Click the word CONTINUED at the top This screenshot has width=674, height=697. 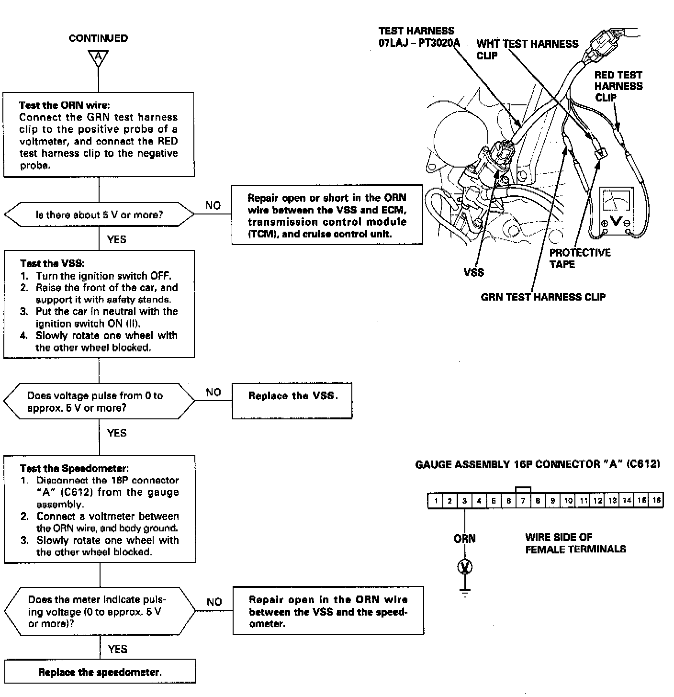(x=98, y=38)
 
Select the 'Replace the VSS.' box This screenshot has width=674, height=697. (x=292, y=401)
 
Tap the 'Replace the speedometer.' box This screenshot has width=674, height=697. (x=100, y=672)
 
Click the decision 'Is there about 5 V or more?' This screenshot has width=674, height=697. (x=99, y=215)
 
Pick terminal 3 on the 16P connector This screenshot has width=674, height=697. (x=464, y=501)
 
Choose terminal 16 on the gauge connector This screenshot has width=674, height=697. (x=656, y=501)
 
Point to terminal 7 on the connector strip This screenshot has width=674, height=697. (x=523, y=501)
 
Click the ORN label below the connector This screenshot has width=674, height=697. (x=464, y=539)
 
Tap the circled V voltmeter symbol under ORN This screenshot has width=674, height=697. (x=464, y=567)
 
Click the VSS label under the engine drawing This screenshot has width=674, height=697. (x=473, y=272)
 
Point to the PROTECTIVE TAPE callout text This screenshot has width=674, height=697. (x=580, y=259)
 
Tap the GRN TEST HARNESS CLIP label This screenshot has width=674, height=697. (x=543, y=297)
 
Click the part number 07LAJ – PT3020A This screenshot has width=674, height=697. (x=419, y=43)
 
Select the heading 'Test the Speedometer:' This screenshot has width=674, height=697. (x=74, y=469)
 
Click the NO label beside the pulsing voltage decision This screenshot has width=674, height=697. (x=214, y=602)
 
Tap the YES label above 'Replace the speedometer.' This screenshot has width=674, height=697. (x=117, y=649)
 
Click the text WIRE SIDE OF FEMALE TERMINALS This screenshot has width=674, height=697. (x=575, y=543)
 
